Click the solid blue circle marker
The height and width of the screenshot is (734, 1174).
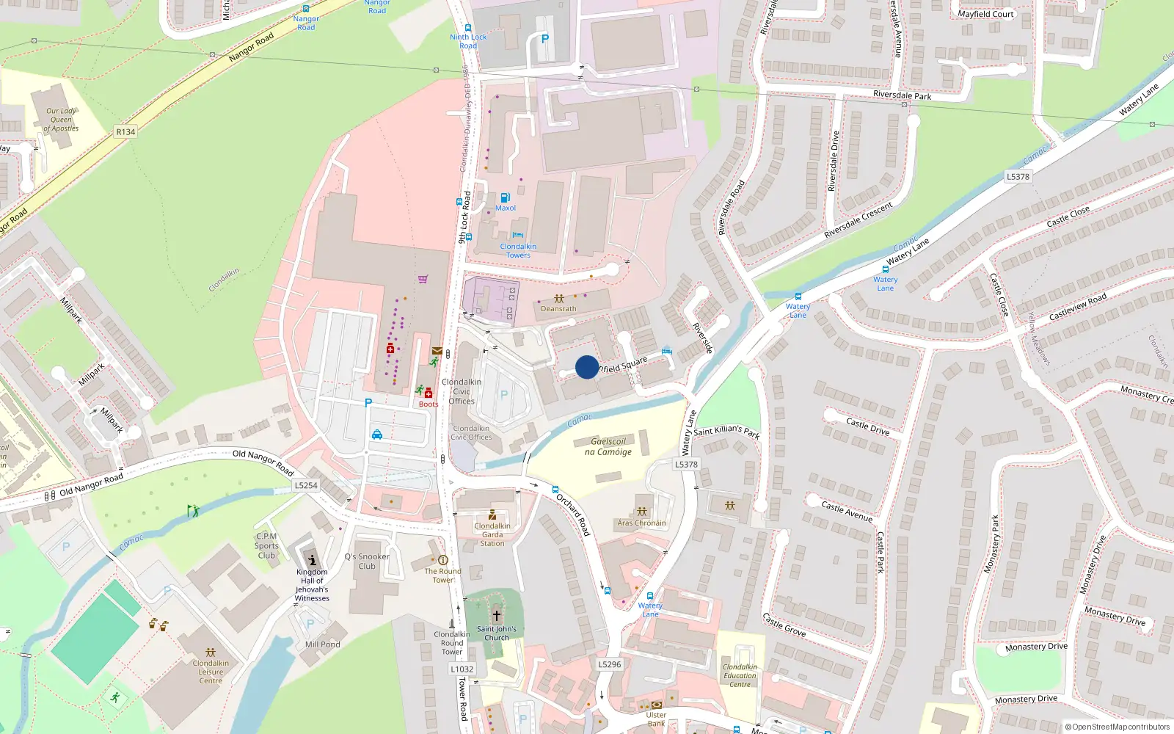click(587, 367)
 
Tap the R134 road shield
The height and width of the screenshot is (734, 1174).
click(125, 132)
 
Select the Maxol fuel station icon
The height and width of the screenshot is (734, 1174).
click(505, 198)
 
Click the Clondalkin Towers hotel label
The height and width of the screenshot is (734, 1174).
click(518, 250)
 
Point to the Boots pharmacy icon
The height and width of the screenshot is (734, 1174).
click(429, 393)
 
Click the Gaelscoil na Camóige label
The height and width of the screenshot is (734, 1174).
click(608, 446)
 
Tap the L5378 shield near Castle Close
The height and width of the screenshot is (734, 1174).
click(1018, 177)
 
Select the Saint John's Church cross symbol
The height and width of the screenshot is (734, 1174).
click(497, 616)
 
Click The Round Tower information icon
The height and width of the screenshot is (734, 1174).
click(442, 560)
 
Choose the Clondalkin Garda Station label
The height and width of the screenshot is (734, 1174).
click(492, 534)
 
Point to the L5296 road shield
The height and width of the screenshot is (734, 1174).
click(609, 664)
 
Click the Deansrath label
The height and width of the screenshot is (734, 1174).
click(558, 309)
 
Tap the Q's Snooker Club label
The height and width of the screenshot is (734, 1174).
click(367, 562)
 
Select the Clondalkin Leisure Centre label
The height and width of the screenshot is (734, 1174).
click(211, 672)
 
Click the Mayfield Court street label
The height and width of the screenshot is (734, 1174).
click(985, 14)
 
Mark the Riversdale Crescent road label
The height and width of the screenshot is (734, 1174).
click(858, 220)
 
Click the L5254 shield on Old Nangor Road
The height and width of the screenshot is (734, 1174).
click(306, 485)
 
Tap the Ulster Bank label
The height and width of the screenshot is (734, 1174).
click(656, 719)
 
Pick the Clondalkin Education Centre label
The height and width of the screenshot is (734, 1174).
click(740, 675)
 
